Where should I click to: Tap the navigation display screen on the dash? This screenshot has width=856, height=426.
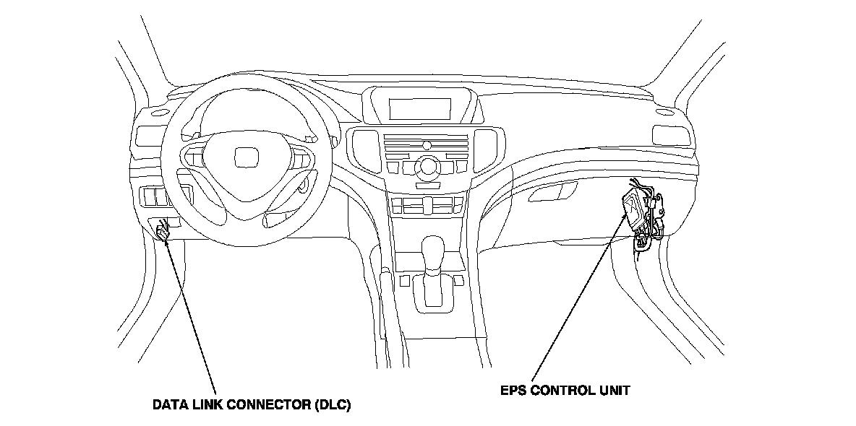tap(420, 109)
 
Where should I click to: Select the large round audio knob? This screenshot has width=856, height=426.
tap(428, 166)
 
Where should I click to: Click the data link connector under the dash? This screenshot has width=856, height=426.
tap(162, 231)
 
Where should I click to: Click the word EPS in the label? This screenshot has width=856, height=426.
tap(513, 391)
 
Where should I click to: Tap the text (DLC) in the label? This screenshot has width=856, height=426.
tap(333, 405)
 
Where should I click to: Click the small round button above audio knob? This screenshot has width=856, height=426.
tap(427, 146)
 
